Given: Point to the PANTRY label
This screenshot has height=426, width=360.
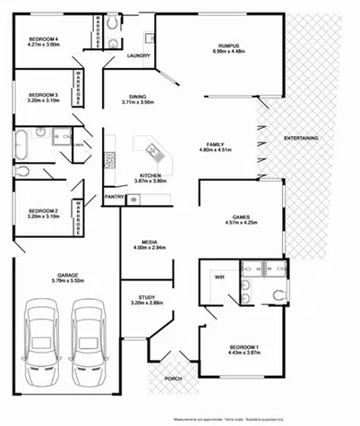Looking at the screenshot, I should [x=114, y=197].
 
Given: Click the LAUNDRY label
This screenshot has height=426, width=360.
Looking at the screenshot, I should [x=138, y=55].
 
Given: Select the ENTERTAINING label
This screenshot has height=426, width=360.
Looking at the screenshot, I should [x=299, y=138].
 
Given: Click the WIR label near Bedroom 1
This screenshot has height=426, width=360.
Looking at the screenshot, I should [x=219, y=277].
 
